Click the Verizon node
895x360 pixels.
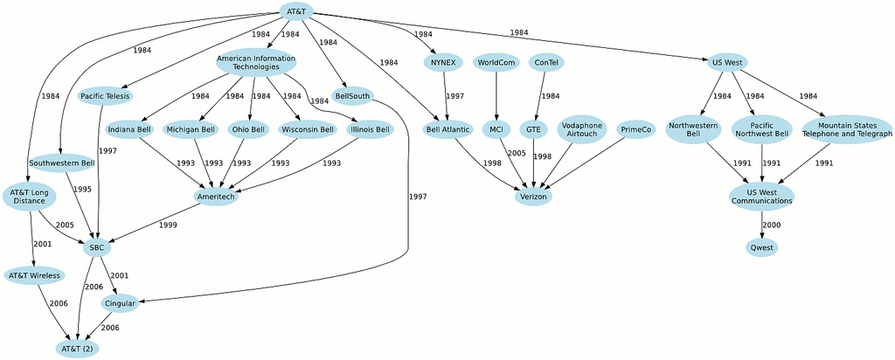533,197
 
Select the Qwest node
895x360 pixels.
761,247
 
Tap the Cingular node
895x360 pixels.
120,303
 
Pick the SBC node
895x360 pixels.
96,247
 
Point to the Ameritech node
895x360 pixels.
217,197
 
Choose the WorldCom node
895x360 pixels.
496,62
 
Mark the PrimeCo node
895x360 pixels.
636,129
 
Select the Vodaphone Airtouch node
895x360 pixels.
582,129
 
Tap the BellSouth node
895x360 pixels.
351,96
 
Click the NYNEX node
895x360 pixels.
443,62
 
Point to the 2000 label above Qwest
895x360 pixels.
771,225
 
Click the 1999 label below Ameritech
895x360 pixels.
168,225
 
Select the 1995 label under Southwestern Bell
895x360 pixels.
82,189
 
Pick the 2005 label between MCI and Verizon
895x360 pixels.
517,154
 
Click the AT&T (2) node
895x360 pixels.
78,348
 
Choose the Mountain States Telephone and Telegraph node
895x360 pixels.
847,129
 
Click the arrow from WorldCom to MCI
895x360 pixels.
496,96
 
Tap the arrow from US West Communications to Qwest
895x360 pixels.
761,225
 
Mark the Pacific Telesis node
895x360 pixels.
105,96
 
